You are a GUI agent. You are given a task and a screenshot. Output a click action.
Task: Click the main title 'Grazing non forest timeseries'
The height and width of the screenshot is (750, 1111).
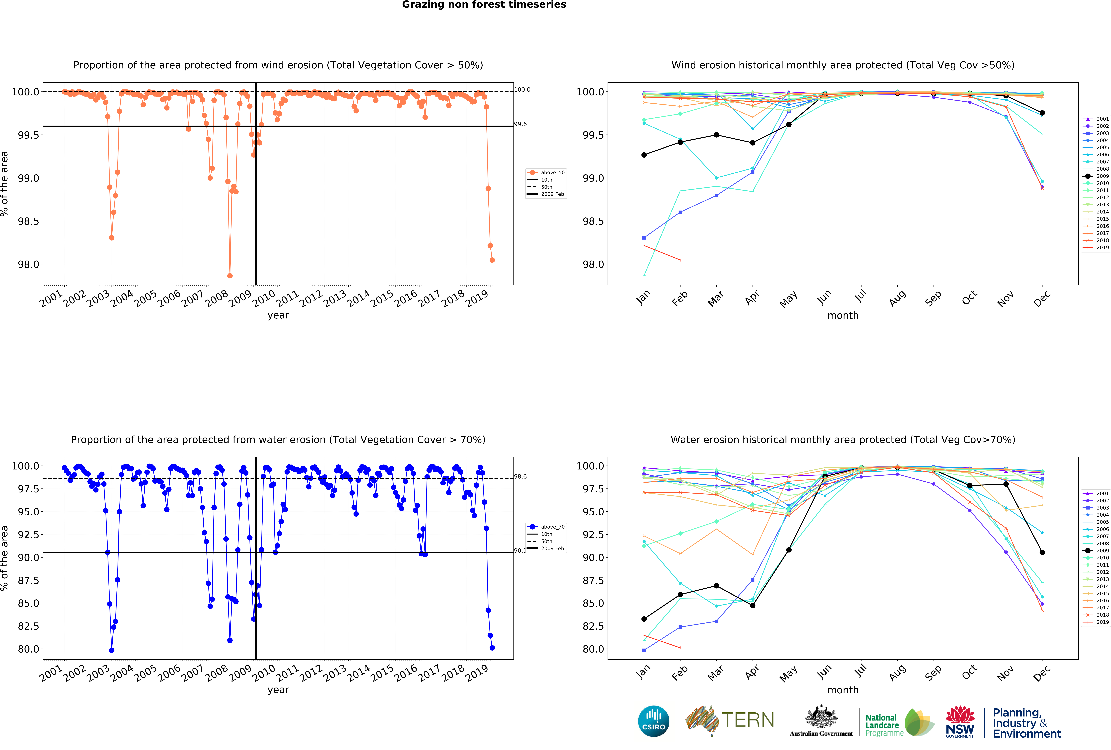point(484,5)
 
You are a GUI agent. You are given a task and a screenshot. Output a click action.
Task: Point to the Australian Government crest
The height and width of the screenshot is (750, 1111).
point(821,717)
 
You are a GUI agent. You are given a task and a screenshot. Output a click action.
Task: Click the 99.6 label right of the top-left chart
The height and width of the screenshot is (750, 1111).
point(520,124)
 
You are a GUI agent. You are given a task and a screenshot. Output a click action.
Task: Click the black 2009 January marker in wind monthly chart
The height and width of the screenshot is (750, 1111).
point(644,155)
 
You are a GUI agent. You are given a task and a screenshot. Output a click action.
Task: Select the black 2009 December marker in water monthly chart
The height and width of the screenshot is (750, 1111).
point(1042,552)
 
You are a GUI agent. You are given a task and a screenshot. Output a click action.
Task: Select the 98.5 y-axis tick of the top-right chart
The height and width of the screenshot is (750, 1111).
point(593,221)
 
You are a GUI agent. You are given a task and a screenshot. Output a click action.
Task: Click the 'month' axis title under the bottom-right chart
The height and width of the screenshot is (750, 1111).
point(843,690)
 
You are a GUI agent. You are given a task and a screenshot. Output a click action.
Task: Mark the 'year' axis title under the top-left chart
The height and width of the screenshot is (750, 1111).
point(278,315)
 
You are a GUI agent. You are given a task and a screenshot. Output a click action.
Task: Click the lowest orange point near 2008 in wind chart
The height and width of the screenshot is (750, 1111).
point(230,276)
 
